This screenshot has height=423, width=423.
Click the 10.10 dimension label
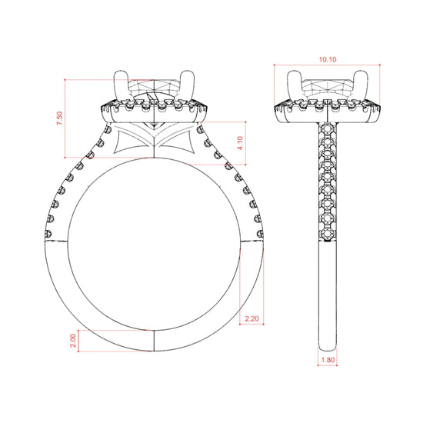tap(328, 60)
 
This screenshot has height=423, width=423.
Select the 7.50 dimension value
tap(60, 118)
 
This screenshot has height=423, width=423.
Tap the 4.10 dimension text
tap(240, 143)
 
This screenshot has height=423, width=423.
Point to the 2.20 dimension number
tap(251, 318)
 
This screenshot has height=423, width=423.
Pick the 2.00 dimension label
tap(73, 341)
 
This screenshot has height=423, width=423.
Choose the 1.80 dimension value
tap(328, 360)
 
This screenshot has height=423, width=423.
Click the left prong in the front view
tap(121, 85)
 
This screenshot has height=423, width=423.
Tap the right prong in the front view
tap(187, 85)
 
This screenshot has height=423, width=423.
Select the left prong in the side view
tap(294, 85)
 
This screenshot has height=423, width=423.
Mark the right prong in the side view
tap(361, 85)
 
